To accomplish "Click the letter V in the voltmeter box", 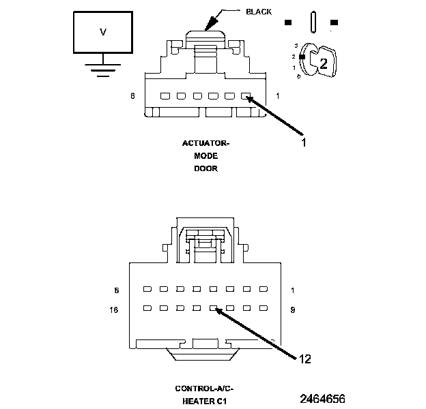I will click(x=103, y=32).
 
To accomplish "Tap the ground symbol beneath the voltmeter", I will click(x=103, y=68).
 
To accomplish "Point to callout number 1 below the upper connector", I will click(x=304, y=143).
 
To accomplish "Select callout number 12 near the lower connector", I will click(x=304, y=359).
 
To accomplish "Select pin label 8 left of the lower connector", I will click(x=117, y=290).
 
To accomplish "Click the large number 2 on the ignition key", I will click(x=324, y=64).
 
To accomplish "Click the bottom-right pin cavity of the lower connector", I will click(x=261, y=309).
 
